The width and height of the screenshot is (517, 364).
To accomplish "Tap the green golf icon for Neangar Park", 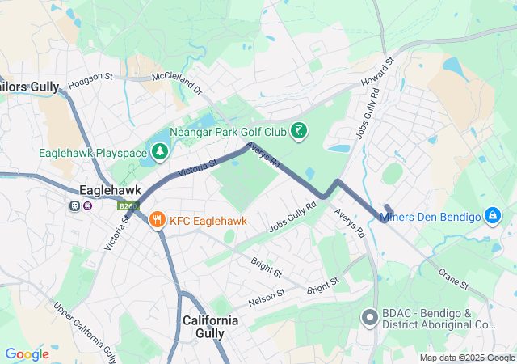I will (299, 131).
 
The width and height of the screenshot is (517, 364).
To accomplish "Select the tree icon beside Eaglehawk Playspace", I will (160, 151).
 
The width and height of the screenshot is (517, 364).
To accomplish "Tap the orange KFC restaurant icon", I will (157, 219).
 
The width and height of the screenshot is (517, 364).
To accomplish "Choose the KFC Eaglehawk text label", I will (208, 220).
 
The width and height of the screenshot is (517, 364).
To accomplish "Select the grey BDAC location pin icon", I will (369, 317).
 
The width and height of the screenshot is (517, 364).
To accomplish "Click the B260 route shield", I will (127, 206).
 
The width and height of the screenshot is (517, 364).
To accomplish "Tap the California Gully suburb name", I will (210, 327).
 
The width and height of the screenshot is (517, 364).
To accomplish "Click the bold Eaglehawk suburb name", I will (111, 190).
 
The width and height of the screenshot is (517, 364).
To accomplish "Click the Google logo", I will (27, 354).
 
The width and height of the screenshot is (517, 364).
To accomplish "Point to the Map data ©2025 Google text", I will (466, 358).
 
